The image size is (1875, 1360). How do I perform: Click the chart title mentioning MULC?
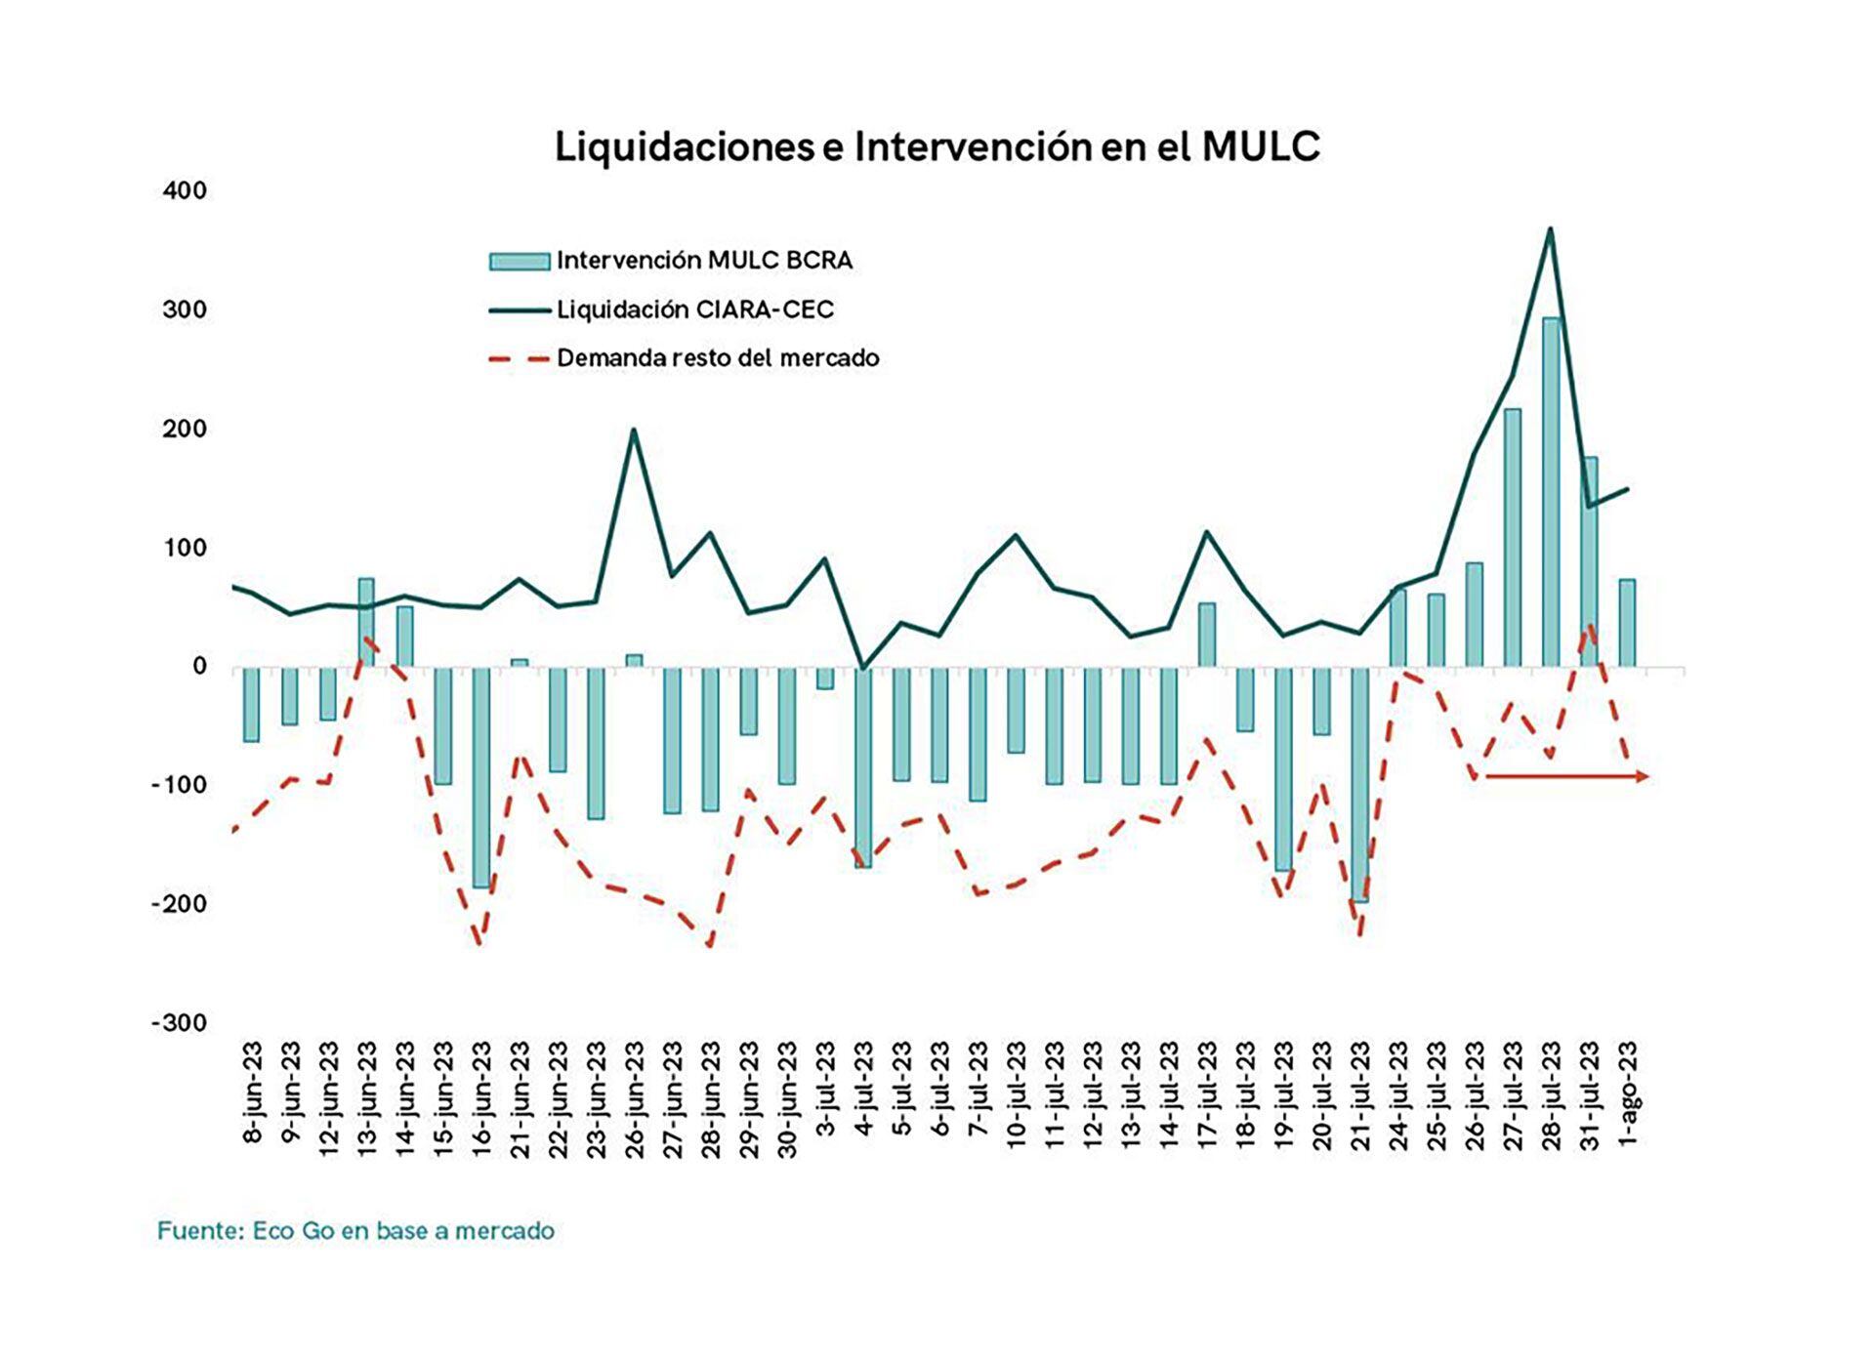(x=937, y=147)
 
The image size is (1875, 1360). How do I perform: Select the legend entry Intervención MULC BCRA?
(x=704, y=261)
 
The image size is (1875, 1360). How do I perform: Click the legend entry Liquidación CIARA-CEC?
(x=694, y=310)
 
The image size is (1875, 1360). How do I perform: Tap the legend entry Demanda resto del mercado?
(x=718, y=358)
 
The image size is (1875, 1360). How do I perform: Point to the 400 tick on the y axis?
(x=186, y=190)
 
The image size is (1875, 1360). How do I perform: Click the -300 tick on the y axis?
(x=180, y=1023)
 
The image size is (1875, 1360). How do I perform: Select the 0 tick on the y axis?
(x=199, y=667)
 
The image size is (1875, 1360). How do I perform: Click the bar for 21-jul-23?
(x=1359, y=784)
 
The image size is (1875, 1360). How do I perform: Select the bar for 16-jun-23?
(x=481, y=777)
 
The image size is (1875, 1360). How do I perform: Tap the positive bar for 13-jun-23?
(x=366, y=622)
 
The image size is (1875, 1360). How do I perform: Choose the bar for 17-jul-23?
(x=1207, y=635)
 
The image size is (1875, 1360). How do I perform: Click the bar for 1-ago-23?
(x=1627, y=623)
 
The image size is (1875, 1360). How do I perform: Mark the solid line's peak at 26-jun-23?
(x=634, y=430)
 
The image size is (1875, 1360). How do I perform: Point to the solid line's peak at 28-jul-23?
(x=1550, y=229)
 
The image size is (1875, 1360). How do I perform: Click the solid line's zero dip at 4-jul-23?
(x=862, y=668)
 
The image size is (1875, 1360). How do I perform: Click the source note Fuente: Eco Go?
(x=355, y=1231)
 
